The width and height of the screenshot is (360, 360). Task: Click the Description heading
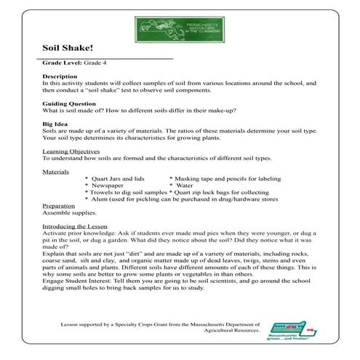60,76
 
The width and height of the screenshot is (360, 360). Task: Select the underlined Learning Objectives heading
73,151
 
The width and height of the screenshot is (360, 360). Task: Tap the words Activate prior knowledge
79,233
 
